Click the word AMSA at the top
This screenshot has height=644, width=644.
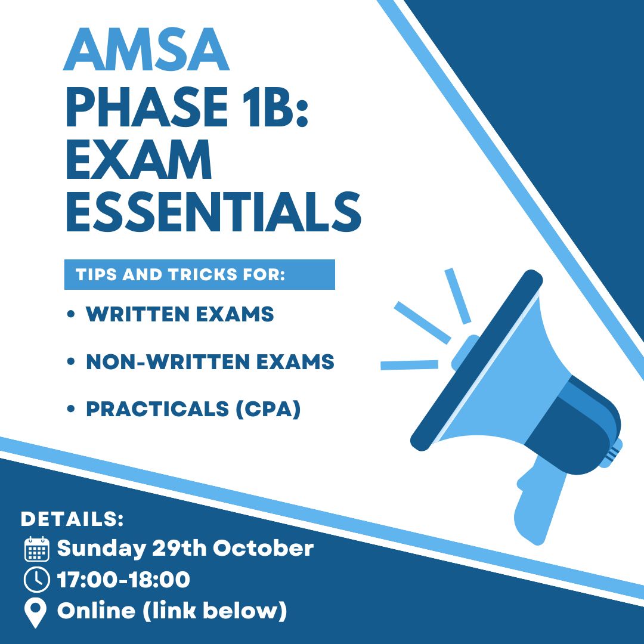[x=146, y=49]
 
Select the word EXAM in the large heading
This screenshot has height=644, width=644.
[x=139, y=159]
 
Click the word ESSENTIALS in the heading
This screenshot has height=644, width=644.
[x=213, y=212]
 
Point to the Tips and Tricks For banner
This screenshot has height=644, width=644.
[x=200, y=274]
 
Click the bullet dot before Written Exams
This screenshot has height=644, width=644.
[x=70, y=315]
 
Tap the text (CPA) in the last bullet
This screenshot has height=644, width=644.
[x=268, y=409]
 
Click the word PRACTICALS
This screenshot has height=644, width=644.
[x=157, y=409]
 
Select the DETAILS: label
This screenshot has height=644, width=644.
[x=72, y=519]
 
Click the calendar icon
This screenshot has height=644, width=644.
[x=37, y=549]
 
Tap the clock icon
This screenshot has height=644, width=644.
[x=37, y=580]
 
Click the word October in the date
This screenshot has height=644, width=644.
[x=264, y=549]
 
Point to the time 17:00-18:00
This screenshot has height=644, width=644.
[x=123, y=580]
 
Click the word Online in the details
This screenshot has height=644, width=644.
[x=96, y=611]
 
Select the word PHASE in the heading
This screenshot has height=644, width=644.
[x=147, y=106]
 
